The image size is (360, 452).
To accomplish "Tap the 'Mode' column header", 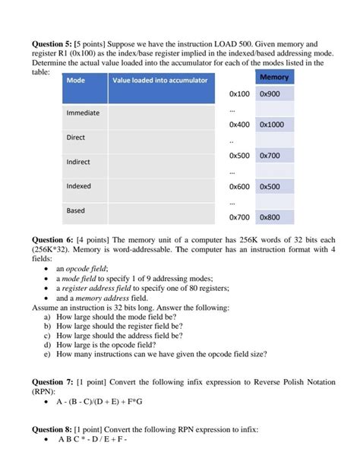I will pos(76,81).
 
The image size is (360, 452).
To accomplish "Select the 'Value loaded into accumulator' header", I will pos(159,81).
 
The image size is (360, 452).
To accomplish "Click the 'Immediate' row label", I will pos(84,113).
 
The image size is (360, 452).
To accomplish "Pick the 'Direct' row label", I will pos(76,137).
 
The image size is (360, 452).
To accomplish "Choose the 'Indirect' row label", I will pos(78,162).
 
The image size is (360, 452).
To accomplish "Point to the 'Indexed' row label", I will pos(79,186).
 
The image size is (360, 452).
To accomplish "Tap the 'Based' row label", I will pos(76,210).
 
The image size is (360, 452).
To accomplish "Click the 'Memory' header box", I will pos(273,78).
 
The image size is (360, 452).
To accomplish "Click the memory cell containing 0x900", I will pos(270,94).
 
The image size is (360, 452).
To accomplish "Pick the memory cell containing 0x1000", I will pos(272,125).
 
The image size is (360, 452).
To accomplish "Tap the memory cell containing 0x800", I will pos(270,217).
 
